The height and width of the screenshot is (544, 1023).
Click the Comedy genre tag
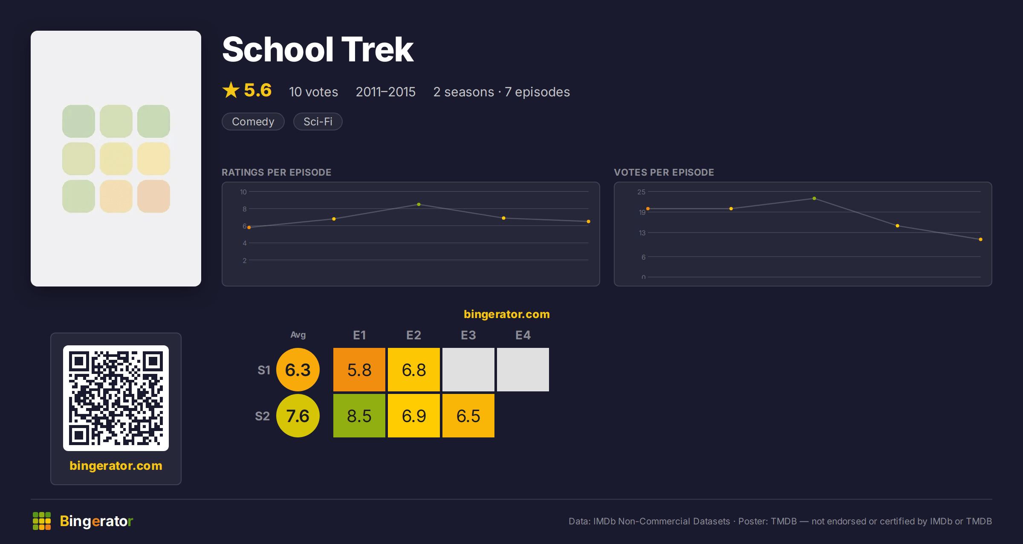(253, 122)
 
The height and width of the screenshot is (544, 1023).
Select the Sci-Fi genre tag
(318, 122)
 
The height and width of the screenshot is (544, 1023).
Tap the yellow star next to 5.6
(231, 90)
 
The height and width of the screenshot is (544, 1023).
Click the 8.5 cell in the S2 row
(359, 416)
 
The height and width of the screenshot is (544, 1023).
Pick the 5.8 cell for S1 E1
(359, 370)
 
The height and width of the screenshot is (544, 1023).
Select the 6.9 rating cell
(414, 416)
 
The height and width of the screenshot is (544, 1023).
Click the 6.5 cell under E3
(468, 416)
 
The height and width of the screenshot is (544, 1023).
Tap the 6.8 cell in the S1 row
(414, 370)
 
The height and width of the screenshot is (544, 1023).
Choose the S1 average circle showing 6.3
(298, 370)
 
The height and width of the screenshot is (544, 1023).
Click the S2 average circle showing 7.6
(298, 416)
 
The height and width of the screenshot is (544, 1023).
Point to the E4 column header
(523, 335)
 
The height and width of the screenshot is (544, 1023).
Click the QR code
(116, 398)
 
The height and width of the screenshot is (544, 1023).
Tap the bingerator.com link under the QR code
(116, 466)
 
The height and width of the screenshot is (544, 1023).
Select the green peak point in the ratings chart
(419, 205)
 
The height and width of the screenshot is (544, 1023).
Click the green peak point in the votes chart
(815, 199)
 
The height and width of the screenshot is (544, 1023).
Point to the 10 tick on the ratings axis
(243, 192)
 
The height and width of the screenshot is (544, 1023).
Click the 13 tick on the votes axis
(642, 233)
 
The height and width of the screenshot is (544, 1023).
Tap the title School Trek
(318, 49)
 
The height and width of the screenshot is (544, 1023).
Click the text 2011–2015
(386, 92)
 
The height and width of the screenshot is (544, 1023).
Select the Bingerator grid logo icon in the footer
(42, 521)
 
